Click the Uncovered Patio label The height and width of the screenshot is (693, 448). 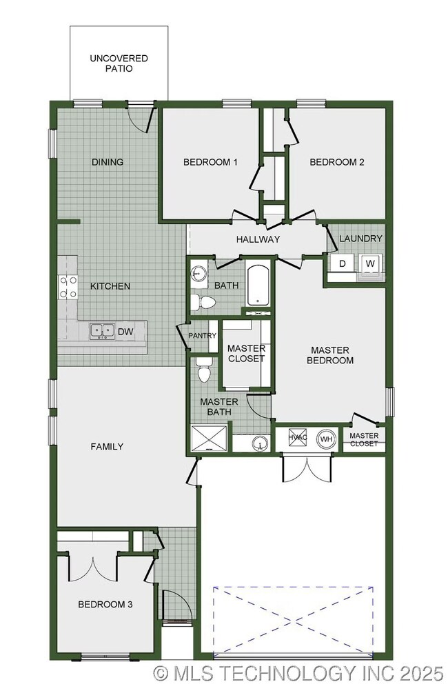tap(119, 63)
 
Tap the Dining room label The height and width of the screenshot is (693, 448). tap(108, 162)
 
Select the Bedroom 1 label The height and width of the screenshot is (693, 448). tap(210, 162)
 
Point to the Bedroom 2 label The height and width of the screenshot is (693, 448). tap(336, 162)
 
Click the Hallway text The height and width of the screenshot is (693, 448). tap(258, 239)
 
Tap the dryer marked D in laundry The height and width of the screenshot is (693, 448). tap(342, 263)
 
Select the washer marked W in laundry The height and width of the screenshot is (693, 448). tap(370, 263)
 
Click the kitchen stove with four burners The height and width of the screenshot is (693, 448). tap(68, 286)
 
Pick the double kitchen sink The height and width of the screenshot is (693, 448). tap(101, 332)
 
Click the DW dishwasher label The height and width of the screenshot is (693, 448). tap(125, 332)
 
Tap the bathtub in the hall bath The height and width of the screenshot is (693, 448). tap(259, 285)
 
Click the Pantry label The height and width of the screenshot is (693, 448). tap(203, 336)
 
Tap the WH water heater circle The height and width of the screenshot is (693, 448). tap(325, 438)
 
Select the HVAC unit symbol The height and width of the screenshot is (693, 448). tap(297, 438)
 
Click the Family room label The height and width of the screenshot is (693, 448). tap(107, 446)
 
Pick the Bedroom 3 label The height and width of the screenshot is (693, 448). tap(105, 604)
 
